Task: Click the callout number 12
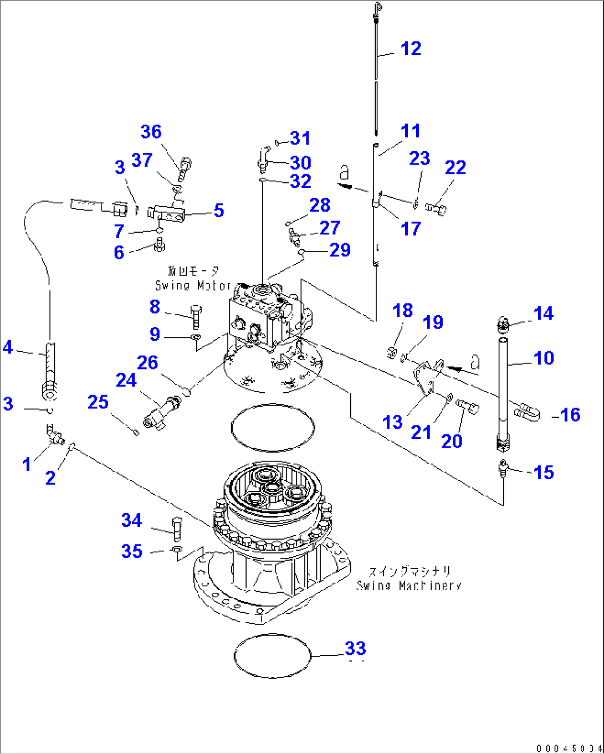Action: (x=411, y=49)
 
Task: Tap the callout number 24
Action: (x=126, y=380)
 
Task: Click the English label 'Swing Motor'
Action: (x=193, y=286)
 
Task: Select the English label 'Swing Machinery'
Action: (x=409, y=586)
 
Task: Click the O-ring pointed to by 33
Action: (x=272, y=655)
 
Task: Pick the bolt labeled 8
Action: (x=196, y=316)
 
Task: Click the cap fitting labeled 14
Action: (x=503, y=322)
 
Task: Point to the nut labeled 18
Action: (x=391, y=352)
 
